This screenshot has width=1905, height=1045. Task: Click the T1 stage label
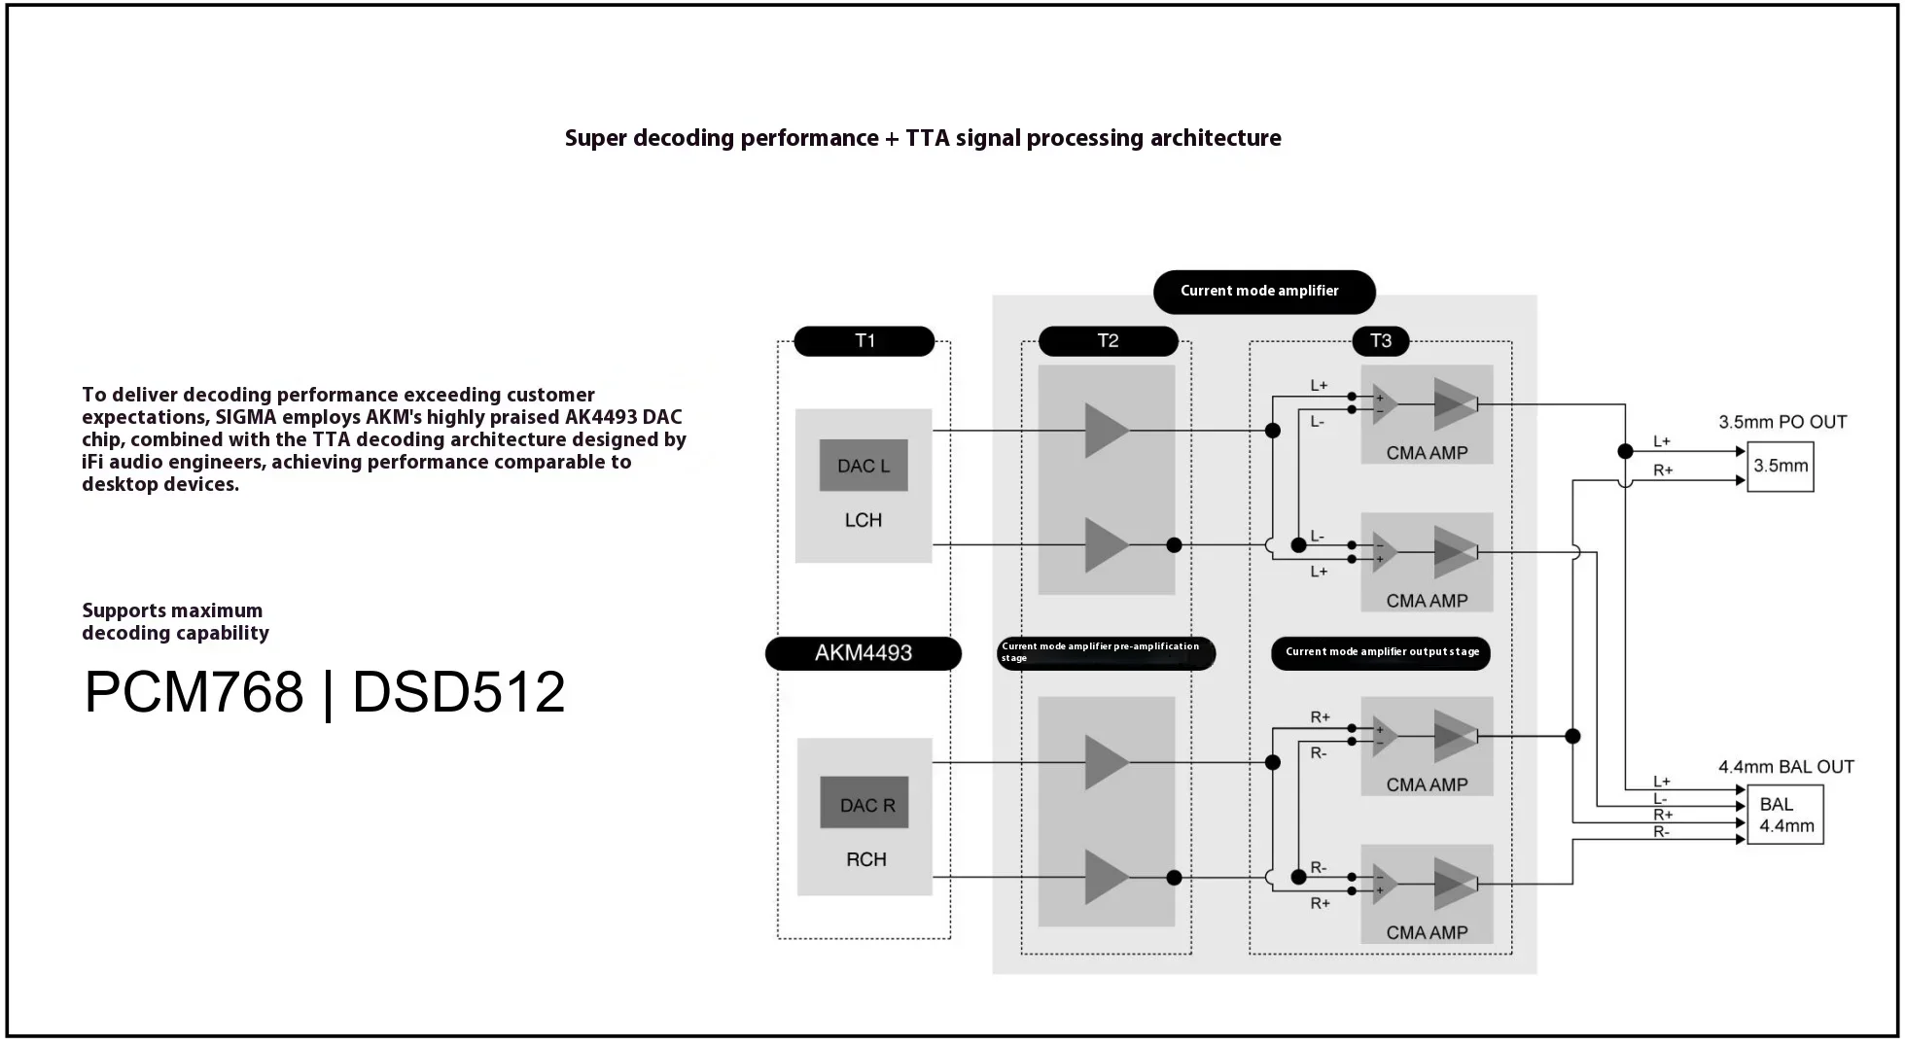864,341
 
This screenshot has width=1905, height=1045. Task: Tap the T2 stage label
1108,341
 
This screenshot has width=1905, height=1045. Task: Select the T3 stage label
1380,341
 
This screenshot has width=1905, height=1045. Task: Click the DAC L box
864,466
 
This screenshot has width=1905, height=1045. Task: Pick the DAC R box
864,804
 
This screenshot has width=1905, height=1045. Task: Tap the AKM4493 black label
864,653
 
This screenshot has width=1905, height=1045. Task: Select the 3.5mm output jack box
1780,467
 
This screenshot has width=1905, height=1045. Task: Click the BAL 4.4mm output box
1785,815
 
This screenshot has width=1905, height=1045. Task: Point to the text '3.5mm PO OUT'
1782,422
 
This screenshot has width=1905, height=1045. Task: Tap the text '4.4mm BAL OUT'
1785,767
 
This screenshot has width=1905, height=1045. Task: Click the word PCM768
194,692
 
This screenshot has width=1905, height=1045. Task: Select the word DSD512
458,692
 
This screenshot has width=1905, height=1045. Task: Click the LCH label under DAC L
864,520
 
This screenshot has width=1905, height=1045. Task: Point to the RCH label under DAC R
865,859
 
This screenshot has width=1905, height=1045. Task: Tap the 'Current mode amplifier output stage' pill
1381,652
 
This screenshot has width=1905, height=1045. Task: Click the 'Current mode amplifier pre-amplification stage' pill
1106,652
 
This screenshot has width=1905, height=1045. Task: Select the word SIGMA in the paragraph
245,417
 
